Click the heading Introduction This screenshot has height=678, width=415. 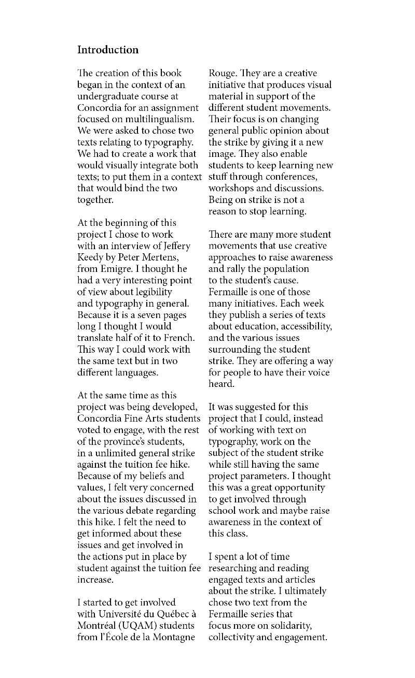[x=108, y=50]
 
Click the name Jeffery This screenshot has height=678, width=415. [x=175, y=246]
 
